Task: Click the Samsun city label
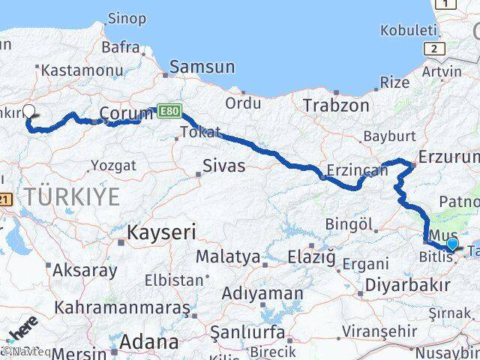coord(200,67)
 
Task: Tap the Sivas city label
coord(223,166)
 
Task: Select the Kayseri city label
coord(161,232)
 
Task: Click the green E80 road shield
coord(169,110)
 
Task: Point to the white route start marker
coord(29,111)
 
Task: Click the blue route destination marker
coord(451,244)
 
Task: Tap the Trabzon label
coord(336,106)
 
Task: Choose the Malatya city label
coord(228,257)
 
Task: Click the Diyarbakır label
coord(408,285)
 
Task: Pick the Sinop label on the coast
coord(127,18)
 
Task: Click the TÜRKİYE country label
coord(71,197)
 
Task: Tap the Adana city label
coord(152,343)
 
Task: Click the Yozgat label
coord(112,165)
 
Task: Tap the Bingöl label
coord(349,223)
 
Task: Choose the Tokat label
coord(200,133)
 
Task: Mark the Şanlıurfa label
coord(247,331)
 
